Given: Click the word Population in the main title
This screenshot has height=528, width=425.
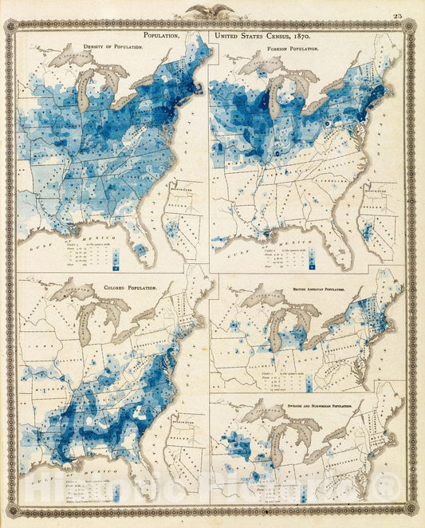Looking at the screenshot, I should click(162, 36).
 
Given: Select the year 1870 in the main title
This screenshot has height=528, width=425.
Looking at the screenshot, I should click(297, 36).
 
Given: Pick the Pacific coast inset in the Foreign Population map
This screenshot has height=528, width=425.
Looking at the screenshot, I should click(375, 215).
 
